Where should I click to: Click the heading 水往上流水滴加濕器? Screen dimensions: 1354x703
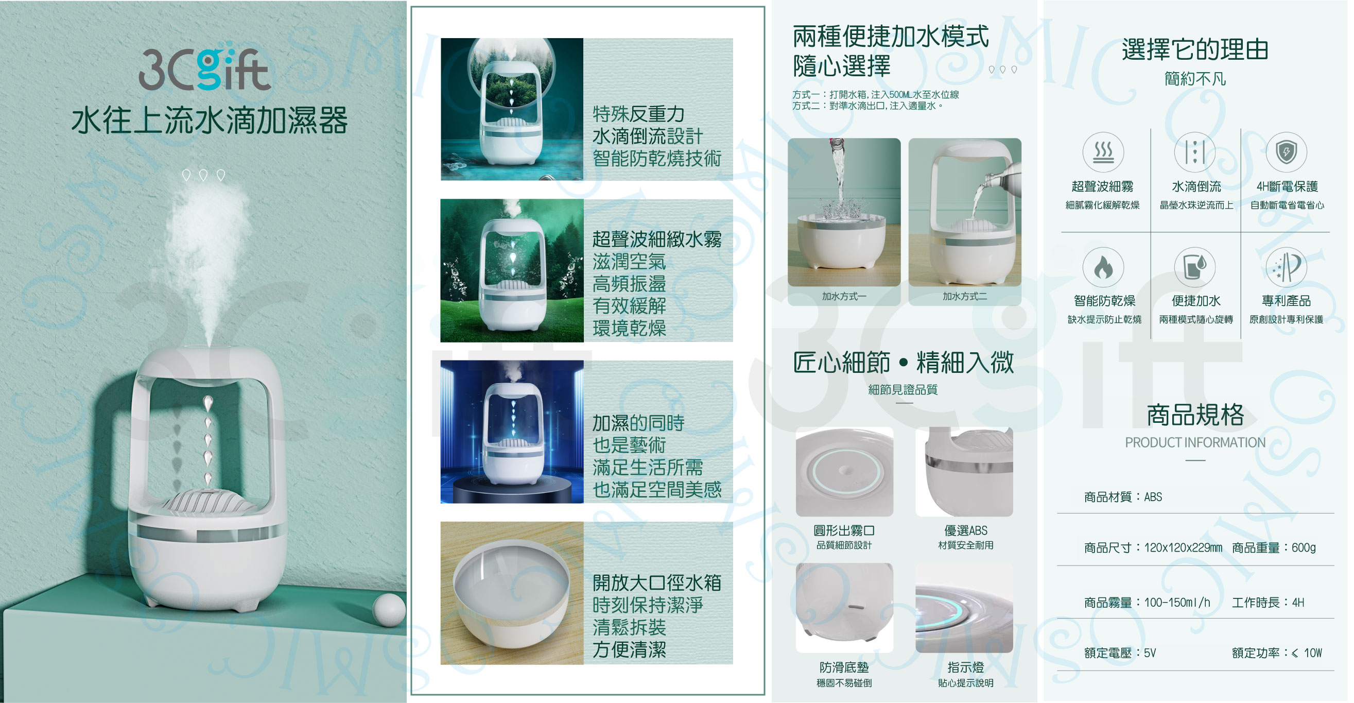tap(209, 121)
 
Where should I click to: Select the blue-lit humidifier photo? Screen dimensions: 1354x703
tap(512, 432)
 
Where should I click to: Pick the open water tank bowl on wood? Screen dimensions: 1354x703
tap(512, 593)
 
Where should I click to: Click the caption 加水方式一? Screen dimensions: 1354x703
tap(844, 297)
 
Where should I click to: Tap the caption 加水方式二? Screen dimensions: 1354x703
tap(964, 297)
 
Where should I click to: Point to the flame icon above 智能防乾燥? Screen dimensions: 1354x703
tap(1103, 268)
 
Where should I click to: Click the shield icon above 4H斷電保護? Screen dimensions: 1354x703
tap(1286, 152)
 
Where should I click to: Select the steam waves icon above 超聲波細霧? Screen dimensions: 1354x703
tap(1103, 152)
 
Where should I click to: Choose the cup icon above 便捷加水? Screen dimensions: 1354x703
tap(1195, 268)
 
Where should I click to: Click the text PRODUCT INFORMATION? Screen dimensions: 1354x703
tap(1195, 443)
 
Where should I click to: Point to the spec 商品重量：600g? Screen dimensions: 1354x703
tap(1274, 548)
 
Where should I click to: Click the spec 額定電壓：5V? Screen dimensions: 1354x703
tap(1120, 653)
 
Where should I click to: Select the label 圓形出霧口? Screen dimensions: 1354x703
tap(844, 530)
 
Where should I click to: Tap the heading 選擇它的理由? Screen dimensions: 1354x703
tap(1195, 49)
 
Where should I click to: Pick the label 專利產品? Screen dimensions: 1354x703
tap(1286, 301)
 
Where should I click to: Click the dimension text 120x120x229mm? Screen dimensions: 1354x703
tap(1183, 548)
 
